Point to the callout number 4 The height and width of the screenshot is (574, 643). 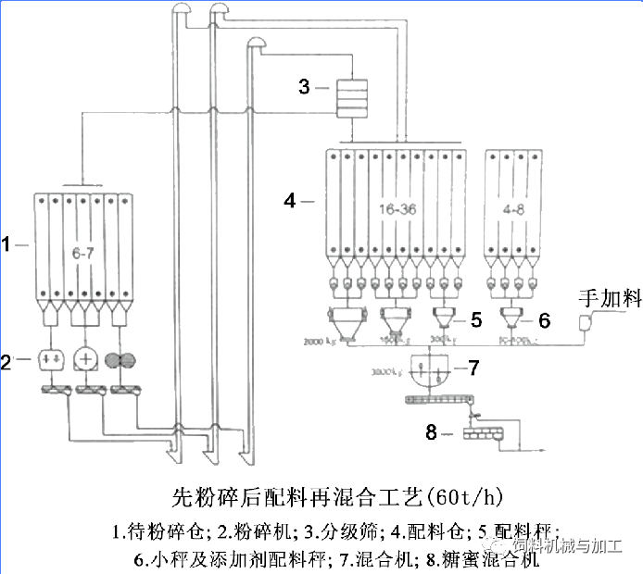click(x=290, y=199)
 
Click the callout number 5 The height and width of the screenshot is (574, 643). click(x=475, y=319)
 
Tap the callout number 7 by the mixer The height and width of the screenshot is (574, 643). click(x=473, y=368)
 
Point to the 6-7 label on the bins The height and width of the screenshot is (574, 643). click(x=84, y=252)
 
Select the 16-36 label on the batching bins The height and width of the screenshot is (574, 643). click(x=397, y=210)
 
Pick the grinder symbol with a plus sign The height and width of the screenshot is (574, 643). click(x=86, y=359)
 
